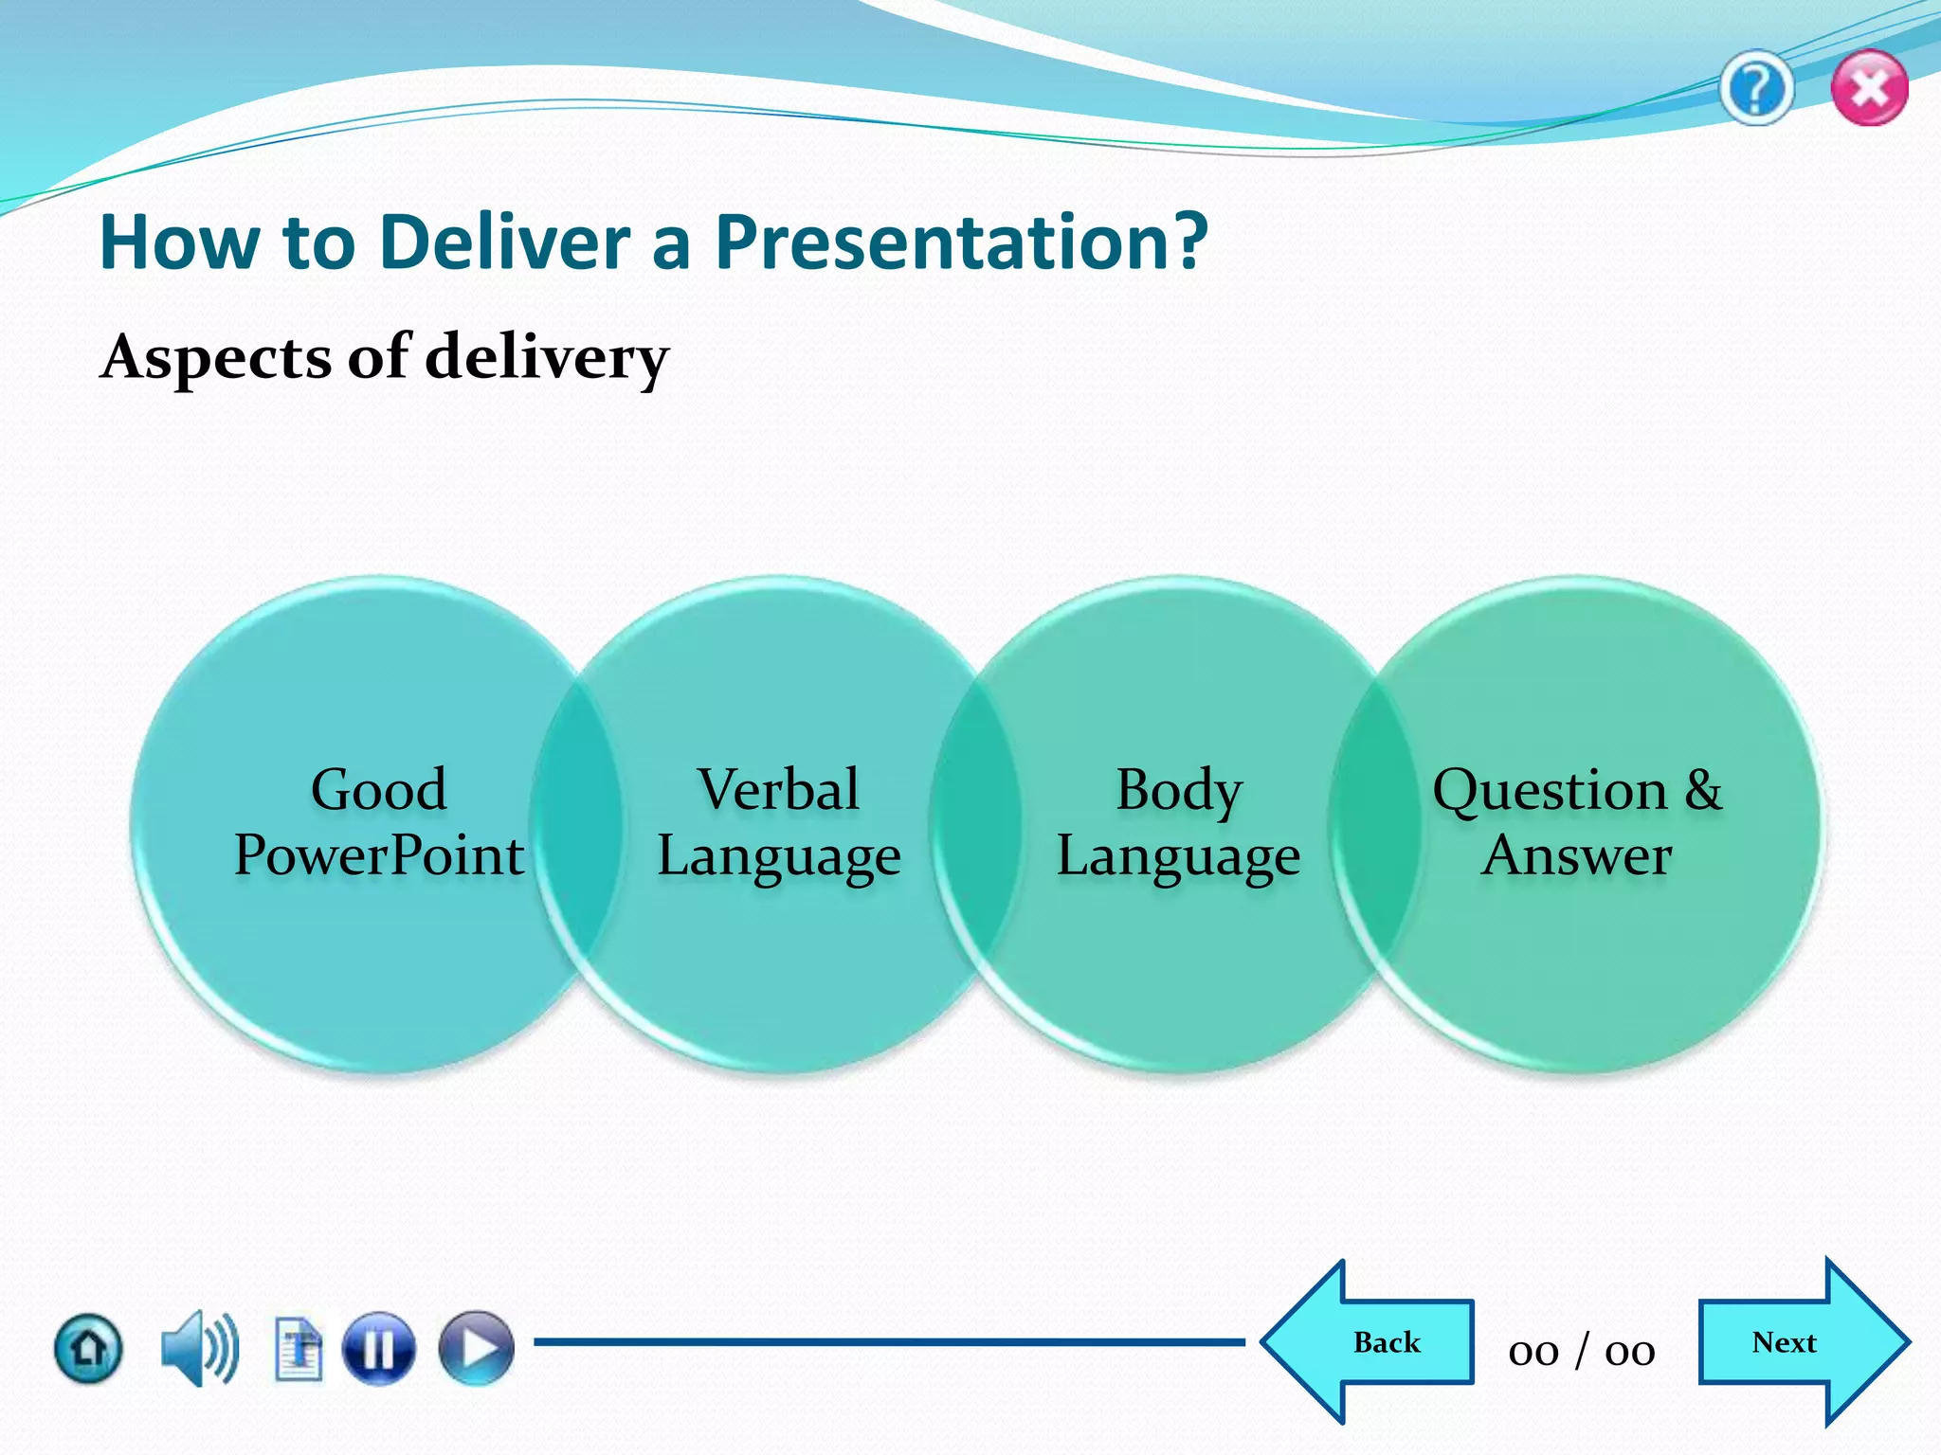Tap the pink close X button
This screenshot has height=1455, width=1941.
pyautogui.click(x=1869, y=89)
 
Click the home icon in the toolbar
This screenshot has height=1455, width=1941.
pyautogui.click(x=88, y=1347)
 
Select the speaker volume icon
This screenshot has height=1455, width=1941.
pyautogui.click(x=199, y=1348)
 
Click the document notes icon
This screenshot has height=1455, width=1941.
pyautogui.click(x=299, y=1348)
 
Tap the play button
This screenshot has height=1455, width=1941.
pyautogui.click(x=476, y=1348)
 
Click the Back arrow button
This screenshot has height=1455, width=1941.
pyautogui.click(x=1374, y=1342)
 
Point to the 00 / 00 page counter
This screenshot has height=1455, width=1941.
pyautogui.click(x=1581, y=1351)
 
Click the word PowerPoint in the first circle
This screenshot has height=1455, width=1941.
pyautogui.click(x=378, y=855)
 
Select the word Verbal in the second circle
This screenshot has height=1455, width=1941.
pyautogui.click(x=778, y=789)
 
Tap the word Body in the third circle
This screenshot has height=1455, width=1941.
pyautogui.click(x=1178, y=789)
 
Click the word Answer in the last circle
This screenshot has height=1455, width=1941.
pyautogui.click(x=1576, y=855)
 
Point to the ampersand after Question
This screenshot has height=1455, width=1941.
pyautogui.click(x=1703, y=789)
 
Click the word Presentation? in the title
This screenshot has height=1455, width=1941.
pyautogui.click(x=961, y=242)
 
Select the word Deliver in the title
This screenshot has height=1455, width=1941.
pyautogui.click(x=505, y=242)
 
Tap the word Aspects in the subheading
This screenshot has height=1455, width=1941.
pyautogui.click(x=217, y=358)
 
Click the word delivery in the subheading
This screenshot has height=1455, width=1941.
pyautogui.click(x=547, y=358)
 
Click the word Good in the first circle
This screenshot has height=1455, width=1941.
pyautogui.click(x=378, y=789)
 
